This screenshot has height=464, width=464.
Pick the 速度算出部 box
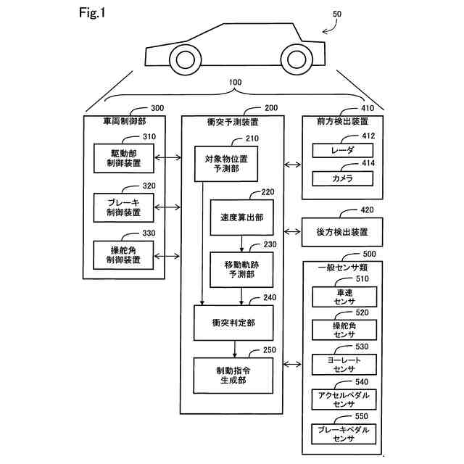tap(240, 217)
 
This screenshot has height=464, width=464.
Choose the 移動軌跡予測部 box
tap(240, 269)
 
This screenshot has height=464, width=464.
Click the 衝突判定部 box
tap(235, 323)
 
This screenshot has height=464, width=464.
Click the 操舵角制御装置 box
tap(122, 255)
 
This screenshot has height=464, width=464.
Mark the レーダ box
tap(343, 150)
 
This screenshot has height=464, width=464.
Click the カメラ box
tap(343, 178)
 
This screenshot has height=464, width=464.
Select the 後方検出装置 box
tap(342, 232)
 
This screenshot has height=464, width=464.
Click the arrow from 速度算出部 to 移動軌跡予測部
tap(240, 243)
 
